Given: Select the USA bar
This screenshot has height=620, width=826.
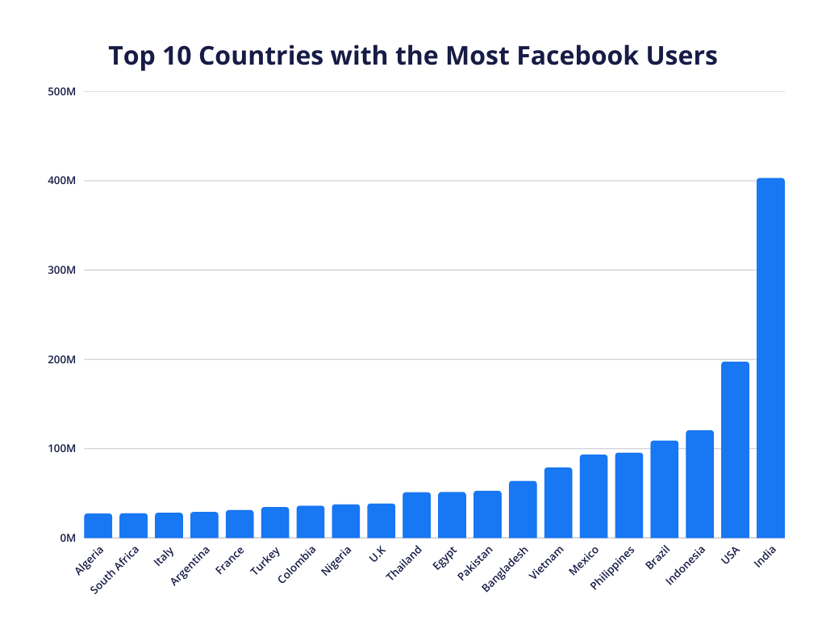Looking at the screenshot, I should pos(735,450).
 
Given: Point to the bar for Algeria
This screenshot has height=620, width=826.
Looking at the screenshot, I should pos(98,526).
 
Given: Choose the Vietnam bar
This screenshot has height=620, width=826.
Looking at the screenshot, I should pos(558,502).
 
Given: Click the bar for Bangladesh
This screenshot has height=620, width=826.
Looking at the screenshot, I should pos(523,509).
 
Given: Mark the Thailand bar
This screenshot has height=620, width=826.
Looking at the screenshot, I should pos(416,515).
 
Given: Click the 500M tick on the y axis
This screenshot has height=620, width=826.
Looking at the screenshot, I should pos(62,91).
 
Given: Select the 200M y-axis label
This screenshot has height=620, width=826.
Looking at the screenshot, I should pos(62,359).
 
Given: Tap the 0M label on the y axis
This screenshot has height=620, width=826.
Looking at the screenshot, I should pos(67,538).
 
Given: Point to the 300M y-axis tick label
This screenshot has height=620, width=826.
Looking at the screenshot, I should pos(62,270).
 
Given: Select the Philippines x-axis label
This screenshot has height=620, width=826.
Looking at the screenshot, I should pos(613,568).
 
